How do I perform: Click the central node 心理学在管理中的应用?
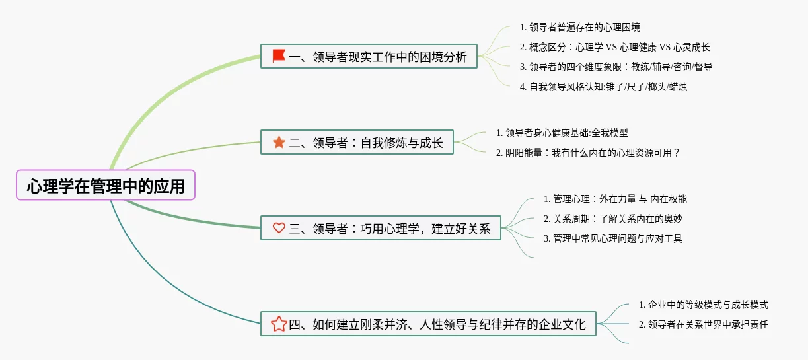tap(106, 186)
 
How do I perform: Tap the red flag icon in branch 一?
tap(279, 56)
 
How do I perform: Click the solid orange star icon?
tap(279, 142)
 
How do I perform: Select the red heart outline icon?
tap(279, 228)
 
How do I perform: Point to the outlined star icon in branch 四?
tap(279, 324)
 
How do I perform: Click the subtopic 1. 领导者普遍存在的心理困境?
tap(579, 27)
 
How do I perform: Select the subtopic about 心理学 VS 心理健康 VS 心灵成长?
tap(614, 47)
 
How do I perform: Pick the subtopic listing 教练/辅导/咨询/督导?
tap(616, 67)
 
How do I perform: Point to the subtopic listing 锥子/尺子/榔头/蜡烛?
tap(603, 87)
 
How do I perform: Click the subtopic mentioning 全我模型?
tap(566, 133)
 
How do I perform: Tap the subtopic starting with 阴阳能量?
tap(588, 153)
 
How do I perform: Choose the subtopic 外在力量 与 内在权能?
tap(615, 199)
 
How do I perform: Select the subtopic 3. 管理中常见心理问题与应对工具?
tap(612, 238)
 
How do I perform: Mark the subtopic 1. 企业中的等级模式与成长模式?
tap(703, 305)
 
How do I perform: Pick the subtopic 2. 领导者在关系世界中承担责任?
tap(703, 324)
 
